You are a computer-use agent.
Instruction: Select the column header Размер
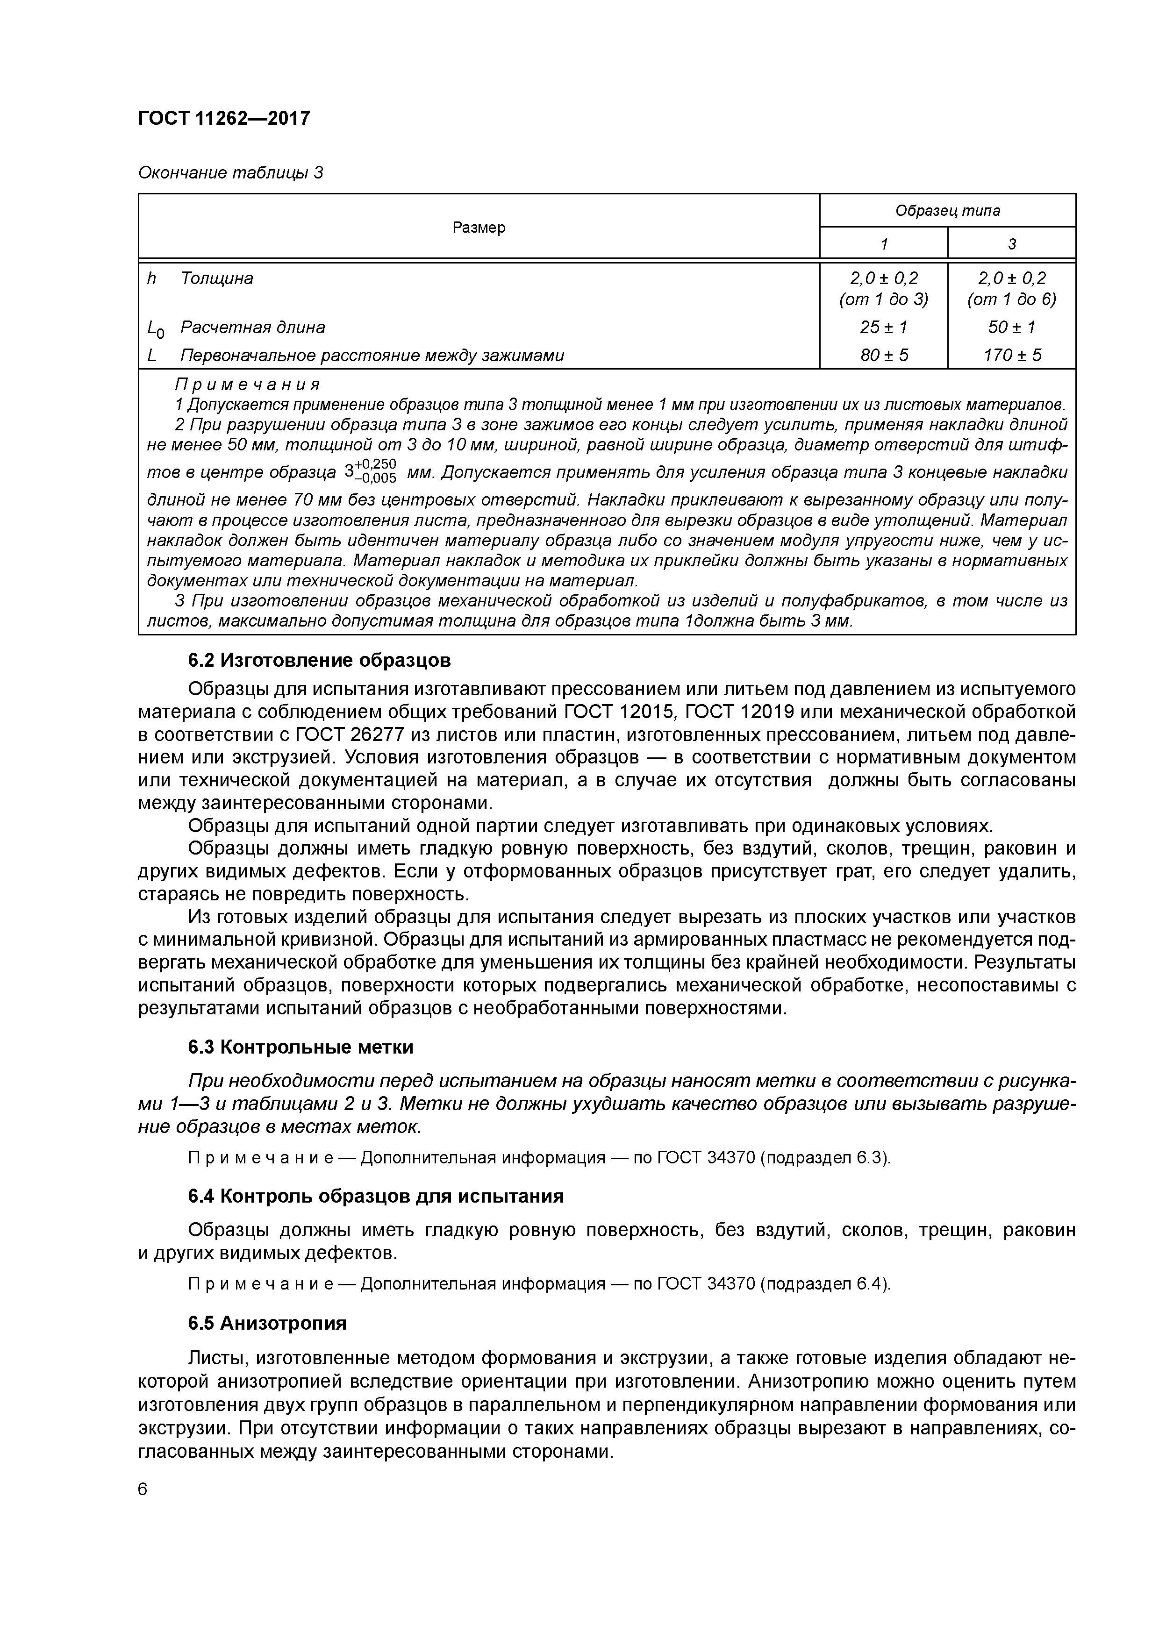[479, 227]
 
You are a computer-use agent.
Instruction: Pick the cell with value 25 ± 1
[883, 327]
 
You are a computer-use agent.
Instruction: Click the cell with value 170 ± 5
[1011, 355]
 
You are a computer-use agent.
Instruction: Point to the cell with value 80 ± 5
[883, 355]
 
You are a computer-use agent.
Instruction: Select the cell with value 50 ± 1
[1011, 327]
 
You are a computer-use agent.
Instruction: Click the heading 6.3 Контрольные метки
[300, 1047]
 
